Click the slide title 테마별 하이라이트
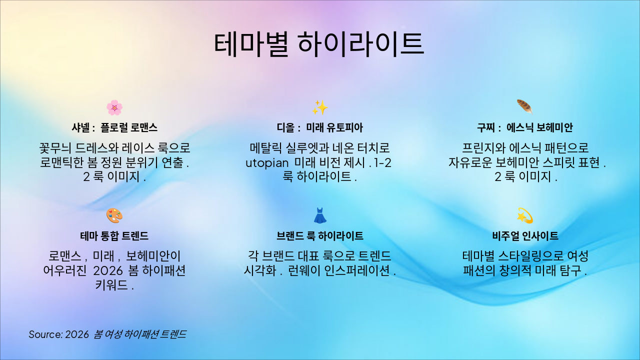(x=319, y=43)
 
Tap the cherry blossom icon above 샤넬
(x=114, y=107)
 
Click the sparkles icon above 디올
(x=320, y=107)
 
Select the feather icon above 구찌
(x=524, y=106)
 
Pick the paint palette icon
(x=114, y=215)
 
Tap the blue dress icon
(x=320, y=215)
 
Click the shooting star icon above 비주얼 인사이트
(x=524, y=215)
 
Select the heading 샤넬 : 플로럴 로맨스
(x=114, y=127)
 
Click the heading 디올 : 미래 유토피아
(x=320, y=127)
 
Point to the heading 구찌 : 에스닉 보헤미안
(x=525, y=127)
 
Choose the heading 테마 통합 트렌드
(x=114, y=236)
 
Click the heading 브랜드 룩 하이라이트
(x=320, y=236)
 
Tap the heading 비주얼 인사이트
(x=525, y=236)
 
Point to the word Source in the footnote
(x=44, y=334)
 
